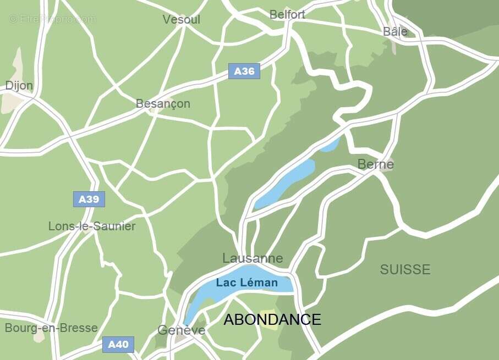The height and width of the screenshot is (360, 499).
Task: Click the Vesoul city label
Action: pos(181,20)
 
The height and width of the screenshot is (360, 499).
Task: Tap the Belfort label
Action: pos(287,15)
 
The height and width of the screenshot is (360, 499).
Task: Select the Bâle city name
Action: pos(395,31)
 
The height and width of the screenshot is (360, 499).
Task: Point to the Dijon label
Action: pos(19,86)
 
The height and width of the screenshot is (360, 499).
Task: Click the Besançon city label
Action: pos(163,103)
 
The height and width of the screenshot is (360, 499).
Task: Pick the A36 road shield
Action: pos(244,71)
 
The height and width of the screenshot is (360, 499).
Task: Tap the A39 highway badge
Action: pos(89,199)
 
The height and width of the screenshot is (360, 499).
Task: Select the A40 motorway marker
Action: pos(118,345)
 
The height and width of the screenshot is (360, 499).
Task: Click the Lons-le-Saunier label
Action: pos(92,226)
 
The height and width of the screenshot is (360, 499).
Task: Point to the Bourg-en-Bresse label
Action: pos(51,328)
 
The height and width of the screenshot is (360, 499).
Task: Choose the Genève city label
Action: pos(181,330)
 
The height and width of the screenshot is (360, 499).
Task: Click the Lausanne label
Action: pos(253,258)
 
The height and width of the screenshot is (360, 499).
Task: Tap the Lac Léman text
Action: pos(246,283)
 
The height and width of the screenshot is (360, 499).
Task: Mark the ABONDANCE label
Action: pos(272,319)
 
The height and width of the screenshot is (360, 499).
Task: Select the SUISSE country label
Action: pos(405,269)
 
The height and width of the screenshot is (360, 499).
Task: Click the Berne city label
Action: pos(375,164)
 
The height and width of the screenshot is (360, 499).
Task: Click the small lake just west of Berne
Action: pos(330,145)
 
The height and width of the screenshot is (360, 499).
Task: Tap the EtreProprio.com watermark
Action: pos(53,19)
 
